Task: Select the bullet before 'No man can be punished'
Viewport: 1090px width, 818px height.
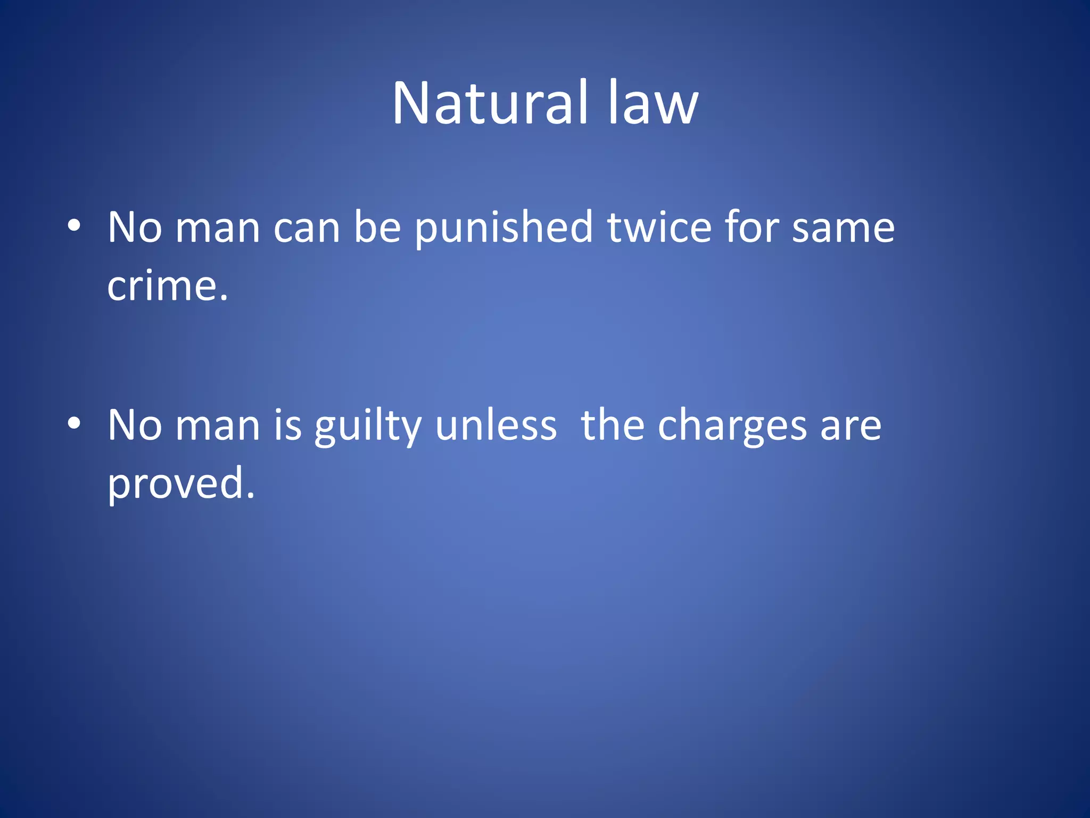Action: pyautogui.click(x=74, y=226)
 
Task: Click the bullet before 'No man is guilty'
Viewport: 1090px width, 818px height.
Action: pyautogui.click(x=74, y=424)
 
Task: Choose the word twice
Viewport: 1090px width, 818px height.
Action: pyautogui.click(x=659, y=227)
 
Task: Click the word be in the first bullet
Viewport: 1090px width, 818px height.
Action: pyautogui.click(x=377, y=227)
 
